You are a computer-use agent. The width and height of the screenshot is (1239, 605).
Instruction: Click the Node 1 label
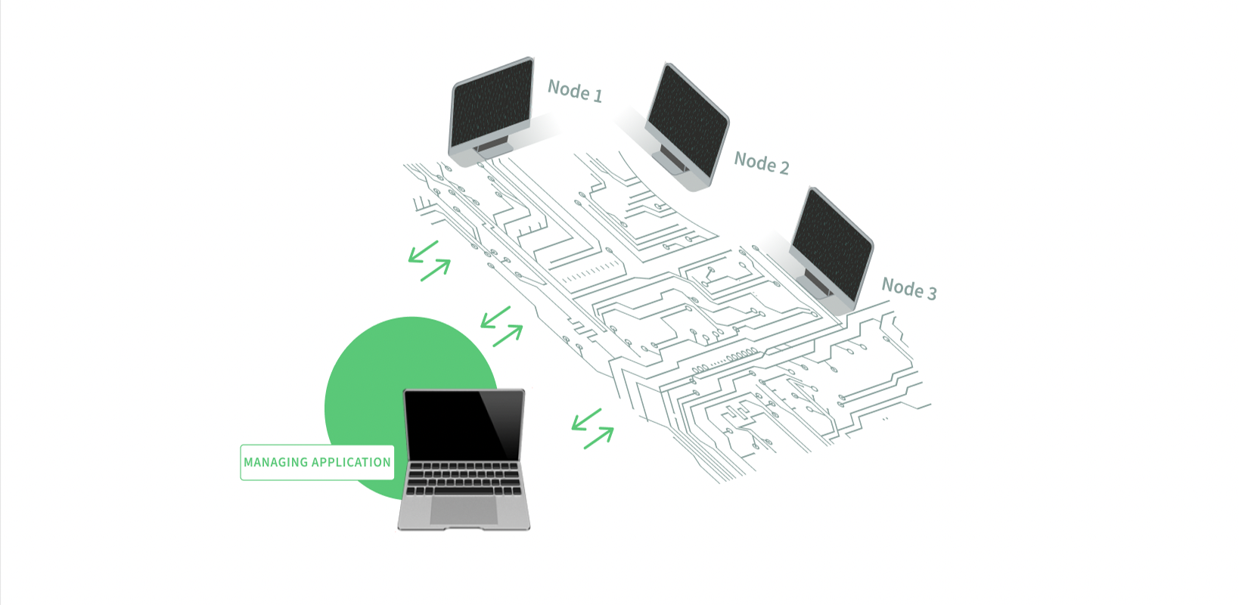tap(575, 91)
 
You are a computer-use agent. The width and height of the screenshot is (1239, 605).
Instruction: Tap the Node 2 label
tap(762, 163)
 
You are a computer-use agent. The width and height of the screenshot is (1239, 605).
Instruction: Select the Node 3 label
tap(908, 288)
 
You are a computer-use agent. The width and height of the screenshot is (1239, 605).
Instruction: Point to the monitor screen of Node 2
tap(688, 120)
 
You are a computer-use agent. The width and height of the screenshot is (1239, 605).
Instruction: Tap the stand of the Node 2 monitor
tap(672, 160)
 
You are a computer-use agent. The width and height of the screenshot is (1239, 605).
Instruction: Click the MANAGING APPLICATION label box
tap(318, 462)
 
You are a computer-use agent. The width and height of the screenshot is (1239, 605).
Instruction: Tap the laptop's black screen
tap(464, 425)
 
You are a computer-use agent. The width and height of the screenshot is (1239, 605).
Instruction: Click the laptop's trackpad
tap(464, 510)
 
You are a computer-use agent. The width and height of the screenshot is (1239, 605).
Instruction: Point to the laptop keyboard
tap(464, 479)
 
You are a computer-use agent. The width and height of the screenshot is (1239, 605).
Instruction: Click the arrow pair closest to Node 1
tap(429, 261)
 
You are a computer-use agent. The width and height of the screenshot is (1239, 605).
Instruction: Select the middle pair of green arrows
tap(501, 326)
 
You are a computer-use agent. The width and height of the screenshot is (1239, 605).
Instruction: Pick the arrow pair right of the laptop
tap(592, 429)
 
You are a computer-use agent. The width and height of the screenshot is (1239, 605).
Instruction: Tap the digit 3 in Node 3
tap(931, 293)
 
